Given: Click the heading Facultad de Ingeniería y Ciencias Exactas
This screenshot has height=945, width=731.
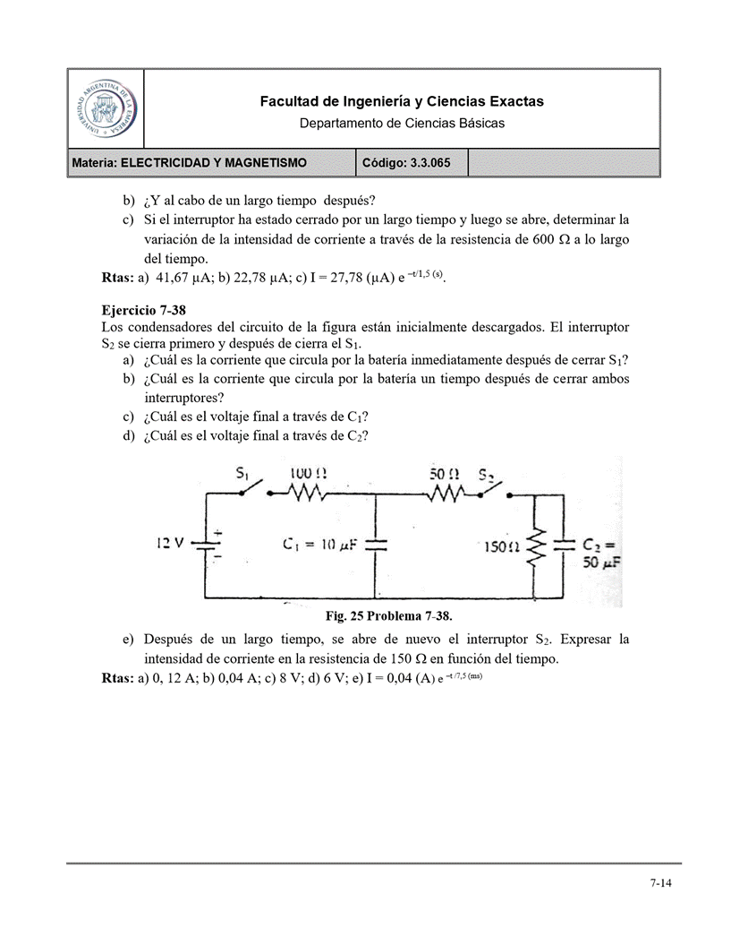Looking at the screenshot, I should [402, 102].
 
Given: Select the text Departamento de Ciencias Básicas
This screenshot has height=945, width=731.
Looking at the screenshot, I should [402, 123].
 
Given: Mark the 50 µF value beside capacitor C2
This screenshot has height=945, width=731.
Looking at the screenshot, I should [600, 563].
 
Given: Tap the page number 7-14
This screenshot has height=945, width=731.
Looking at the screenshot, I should [660, 882].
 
